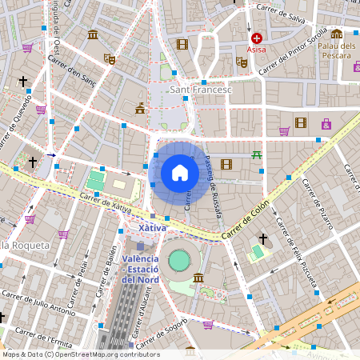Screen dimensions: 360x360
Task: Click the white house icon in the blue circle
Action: pos(180,173)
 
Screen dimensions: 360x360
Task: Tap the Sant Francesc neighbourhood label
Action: pos(201,90)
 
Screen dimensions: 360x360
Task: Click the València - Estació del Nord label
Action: pos(141,269)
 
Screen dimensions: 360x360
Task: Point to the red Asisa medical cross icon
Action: pos(256,38)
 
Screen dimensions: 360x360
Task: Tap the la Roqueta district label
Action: pos(26,245)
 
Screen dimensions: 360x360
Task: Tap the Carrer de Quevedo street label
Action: pos(17,121)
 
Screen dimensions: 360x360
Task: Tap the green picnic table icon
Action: pos(256,154)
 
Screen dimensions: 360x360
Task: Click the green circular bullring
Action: pos(179,260)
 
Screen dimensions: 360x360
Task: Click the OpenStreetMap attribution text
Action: pos(80,354)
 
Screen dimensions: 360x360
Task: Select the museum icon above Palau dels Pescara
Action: pos(337,34)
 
